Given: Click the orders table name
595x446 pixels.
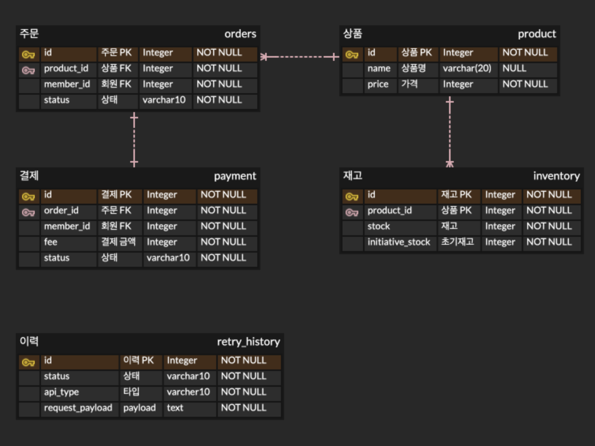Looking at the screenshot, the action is pyautogui.click(x=240, y=34).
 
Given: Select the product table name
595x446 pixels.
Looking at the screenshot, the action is pyautogui.click(x=537, y=34).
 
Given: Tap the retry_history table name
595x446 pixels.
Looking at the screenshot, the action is pyautogui.click(x=249, y=342).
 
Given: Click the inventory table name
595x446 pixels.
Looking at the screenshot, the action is pyautogui.click(x=556, y=176).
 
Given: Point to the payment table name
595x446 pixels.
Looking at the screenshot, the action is pyautogui.click(x=235, y=176).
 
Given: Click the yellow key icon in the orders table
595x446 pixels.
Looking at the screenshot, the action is pyautogui.click(x=28, y=54).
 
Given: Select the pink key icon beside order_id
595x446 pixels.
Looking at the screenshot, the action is pyautogui.click(x=28, y=212).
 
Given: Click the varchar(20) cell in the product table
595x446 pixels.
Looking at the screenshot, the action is pyautogui.click(x=467, y=68).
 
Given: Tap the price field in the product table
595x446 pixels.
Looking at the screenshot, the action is pyautogui.click(x=378, y=84).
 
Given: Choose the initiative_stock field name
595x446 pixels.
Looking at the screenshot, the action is pyautogui.click(x=399, y=242).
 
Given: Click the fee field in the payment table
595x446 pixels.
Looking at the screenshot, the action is pyautogui.click(x=51, y=242).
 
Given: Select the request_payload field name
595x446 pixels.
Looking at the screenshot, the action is pyautogui.click(x=78, y=408).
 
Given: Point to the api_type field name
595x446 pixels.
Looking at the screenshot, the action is pyautogui.click(x=62, y=392).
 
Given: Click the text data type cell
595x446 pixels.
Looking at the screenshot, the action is pyautogui.click(x=175, y=408).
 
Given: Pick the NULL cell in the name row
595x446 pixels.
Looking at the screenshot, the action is pyautogui.click(x=514, y=68).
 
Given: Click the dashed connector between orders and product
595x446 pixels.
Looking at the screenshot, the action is pyautogui.click(x=300, y=57).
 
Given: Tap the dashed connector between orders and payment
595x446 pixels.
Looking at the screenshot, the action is pyautogui.click(x=134, y=140).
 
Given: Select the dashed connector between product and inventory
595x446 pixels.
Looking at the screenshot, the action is pyautogui.click(x=450, y=132).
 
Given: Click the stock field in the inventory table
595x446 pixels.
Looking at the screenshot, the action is pyautogui.click(x=379, y=226).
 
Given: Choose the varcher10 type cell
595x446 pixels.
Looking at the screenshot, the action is pyautogui.click(x=188, y=392).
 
